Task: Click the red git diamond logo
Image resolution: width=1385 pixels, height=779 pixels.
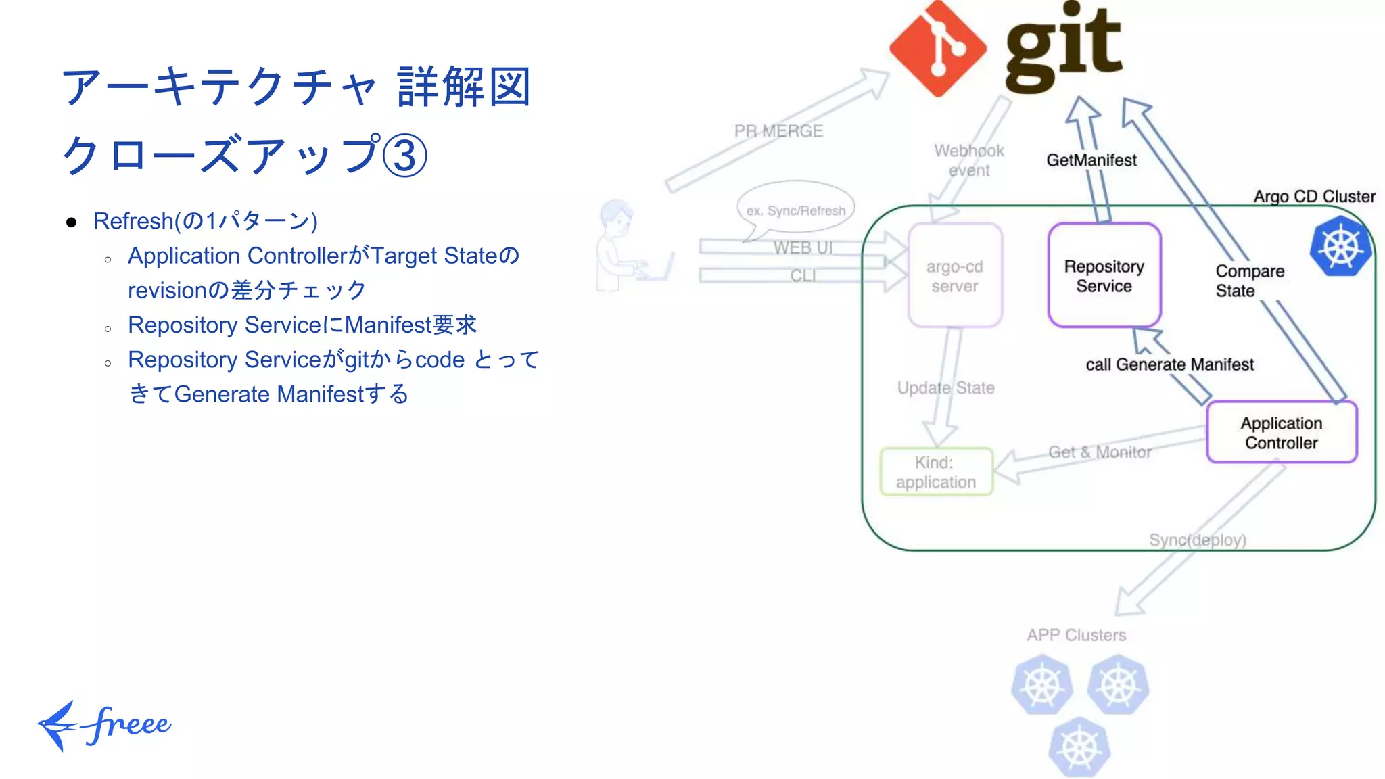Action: coord(937,49)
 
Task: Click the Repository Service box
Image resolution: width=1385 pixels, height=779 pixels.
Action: coord(1104,276)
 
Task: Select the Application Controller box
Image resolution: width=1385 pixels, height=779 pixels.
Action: coord(1281,433)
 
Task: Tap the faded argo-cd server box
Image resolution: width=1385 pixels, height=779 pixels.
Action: coord(954,276)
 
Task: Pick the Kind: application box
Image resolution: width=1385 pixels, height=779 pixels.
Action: coord(936,472)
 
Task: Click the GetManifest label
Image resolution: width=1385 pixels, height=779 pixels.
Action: coord(1091,160)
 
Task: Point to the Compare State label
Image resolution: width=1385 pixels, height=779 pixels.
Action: coord(1248,281)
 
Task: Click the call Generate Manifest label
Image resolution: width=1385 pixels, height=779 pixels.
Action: coord(1169,364)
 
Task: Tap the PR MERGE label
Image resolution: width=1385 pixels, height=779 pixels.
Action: coord(778,131)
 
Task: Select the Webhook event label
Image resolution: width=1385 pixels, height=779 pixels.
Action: coord(968,160)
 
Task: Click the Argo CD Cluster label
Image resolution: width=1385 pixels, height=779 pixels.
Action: coord(1314,197)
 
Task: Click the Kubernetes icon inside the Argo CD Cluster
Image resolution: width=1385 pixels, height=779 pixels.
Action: coord(1340,246)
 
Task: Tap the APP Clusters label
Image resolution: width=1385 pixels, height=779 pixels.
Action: coord(1076,635)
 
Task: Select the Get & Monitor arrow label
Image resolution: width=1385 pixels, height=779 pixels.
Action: coord(1100,452)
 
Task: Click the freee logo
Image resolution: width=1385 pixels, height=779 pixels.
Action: coord(105,725)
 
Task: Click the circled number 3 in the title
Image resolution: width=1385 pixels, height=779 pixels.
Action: coord(404,156)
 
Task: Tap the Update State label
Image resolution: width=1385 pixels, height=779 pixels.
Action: coord(945,388)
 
